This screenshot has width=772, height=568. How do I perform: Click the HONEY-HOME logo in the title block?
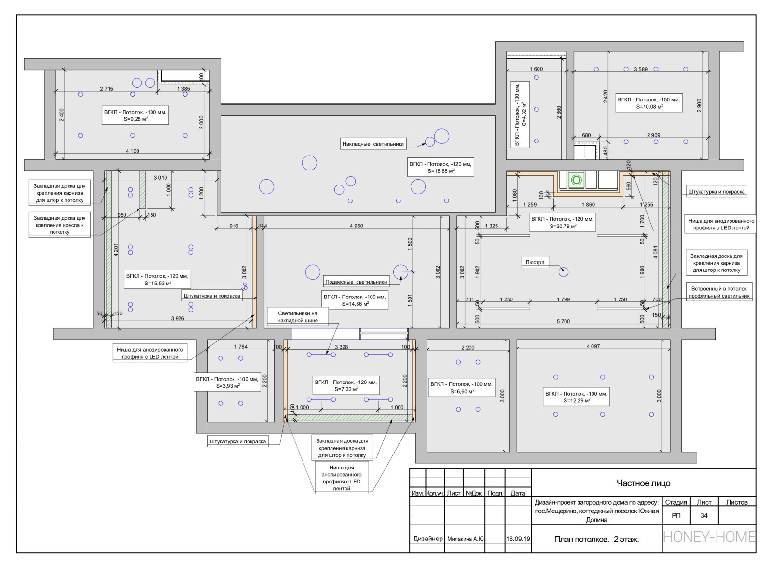click(x=709, y=537)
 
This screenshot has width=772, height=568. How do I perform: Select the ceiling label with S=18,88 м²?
click(x=441, y=168)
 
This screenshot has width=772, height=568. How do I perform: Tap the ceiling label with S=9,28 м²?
click(x=135, y=115)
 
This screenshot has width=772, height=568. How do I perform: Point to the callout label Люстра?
click(x=535, y=262)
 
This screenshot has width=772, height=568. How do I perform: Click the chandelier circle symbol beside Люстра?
click(x=564, y=272)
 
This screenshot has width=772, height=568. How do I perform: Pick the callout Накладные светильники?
click(x=373, y=144)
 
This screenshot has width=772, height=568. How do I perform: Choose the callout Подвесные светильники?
click(x=356, y=282)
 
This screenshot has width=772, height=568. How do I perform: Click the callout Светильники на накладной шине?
click(x=298, y=317)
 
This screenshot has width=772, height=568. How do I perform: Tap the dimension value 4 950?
click(x=357, y=226)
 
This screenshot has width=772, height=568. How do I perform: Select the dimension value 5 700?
click(x=563, y=321)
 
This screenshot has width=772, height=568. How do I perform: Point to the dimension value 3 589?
click(x=641, y=69)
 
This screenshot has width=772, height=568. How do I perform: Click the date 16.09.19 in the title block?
click(x=518, y=539)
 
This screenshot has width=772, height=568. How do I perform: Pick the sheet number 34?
click(x=704, y=515)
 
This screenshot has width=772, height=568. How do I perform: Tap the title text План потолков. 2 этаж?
click(x=596, y=539)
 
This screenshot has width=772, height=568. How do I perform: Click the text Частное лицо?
click(x=644, y=483)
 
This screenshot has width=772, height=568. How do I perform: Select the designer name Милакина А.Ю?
click(x=465, y=539)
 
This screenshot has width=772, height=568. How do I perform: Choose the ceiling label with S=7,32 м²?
click(x=346, y=385)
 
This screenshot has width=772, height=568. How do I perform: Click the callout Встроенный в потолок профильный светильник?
click(x=719, y=292)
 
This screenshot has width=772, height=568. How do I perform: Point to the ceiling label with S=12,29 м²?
click(x=576, y=397)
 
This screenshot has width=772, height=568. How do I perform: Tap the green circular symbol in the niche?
click(x=577, y=180)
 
